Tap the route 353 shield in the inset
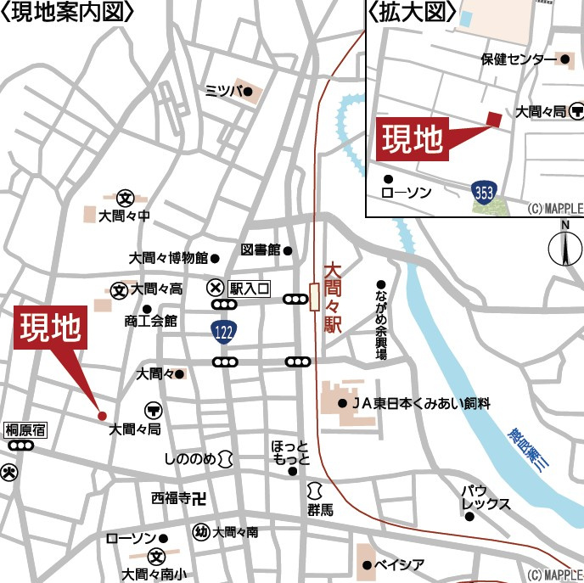pyautogui.click(x=484, y=192)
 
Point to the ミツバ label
pyautogui.click(x=224, y=92)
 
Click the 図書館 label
pyautogui.click(x=261, y=250)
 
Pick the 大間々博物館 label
pyautogui.click(x=168, y=257)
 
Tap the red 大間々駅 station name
pyautogui.click(x=333, y=295)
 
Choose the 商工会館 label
pyautogui.click(x=150, y=321)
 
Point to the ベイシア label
pyautogui.click(x=399, y=564)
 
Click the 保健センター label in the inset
pyautogui.click(x=519, y=59)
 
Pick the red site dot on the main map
pyautogui.click(x=102, y=416)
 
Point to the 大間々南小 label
pyautogui.click(x=154, y=573)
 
